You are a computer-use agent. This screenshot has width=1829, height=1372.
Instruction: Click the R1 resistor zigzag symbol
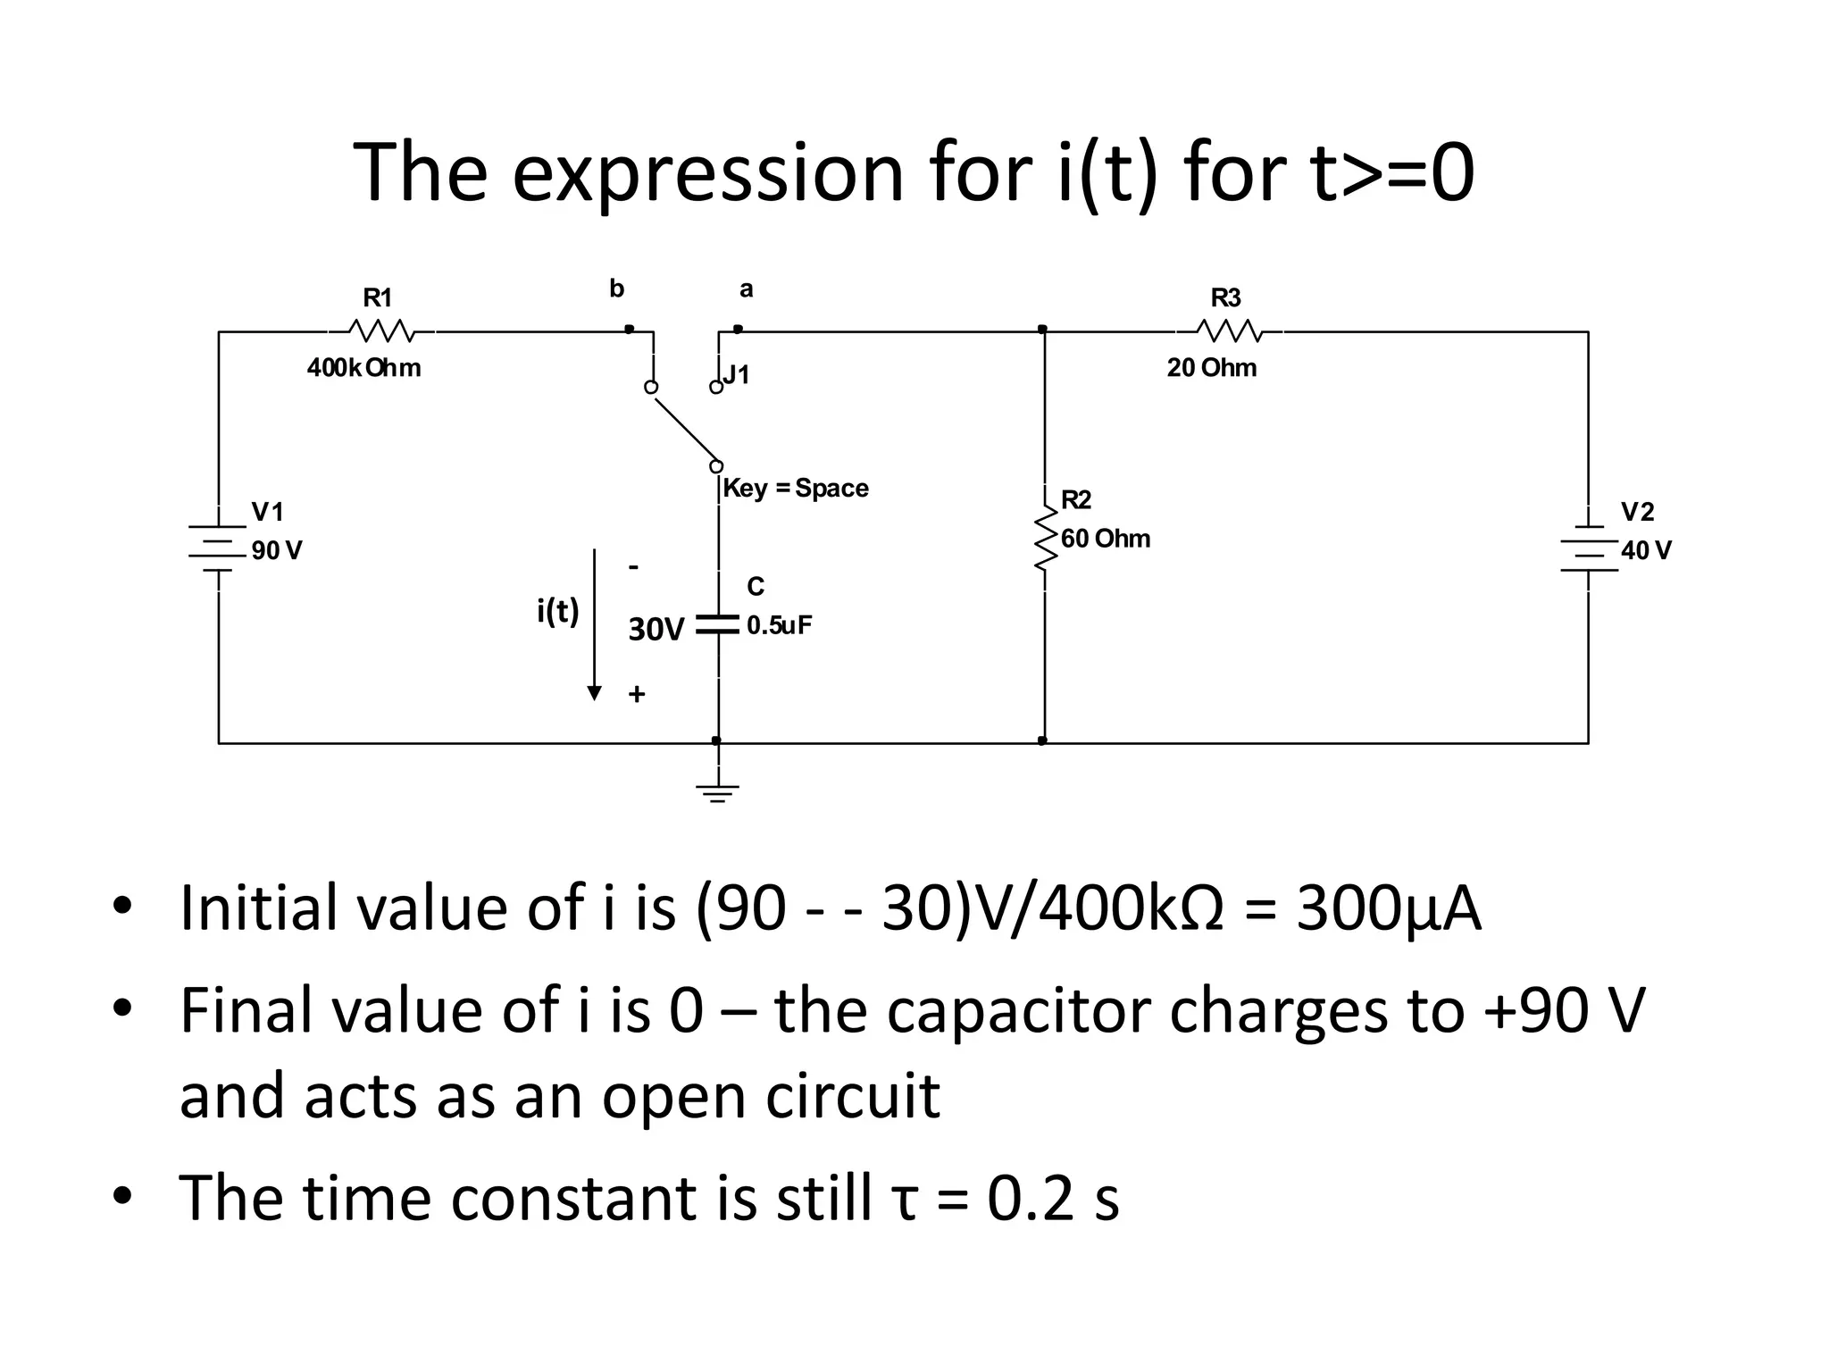(381, 331)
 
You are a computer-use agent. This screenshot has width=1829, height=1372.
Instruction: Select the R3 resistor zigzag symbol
(1229, 331)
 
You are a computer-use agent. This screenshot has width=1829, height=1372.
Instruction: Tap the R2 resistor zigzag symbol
(1044, 538)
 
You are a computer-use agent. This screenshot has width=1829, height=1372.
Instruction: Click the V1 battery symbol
(218, 546)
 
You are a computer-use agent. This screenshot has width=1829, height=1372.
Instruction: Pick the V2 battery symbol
(1589, 548)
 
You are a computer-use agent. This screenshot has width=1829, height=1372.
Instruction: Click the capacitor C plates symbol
(718, 624)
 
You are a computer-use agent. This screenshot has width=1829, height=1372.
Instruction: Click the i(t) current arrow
(594, 625)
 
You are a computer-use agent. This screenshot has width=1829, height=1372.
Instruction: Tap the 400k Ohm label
(363, 368)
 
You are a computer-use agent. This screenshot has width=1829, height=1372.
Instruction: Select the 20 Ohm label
(1211, 368)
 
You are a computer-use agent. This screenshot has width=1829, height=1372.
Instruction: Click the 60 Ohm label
(1105, 539)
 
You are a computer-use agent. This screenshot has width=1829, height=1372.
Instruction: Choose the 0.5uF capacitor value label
(779, 625)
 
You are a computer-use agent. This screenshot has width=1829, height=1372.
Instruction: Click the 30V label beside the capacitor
(656, 630)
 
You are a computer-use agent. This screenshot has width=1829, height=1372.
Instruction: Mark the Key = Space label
(795, 489)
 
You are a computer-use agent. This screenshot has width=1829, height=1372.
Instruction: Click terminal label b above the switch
(616, 289)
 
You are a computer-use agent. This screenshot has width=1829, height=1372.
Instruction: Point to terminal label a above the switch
(746, 289)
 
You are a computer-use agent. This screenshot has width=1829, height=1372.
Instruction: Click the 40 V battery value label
(1646, 550)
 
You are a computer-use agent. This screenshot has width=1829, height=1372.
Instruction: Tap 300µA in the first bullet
(1388, 908)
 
